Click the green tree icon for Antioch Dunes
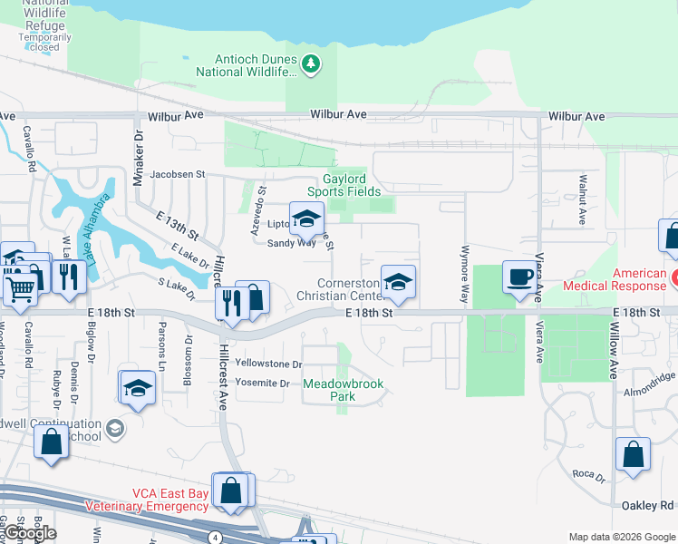(311, 63)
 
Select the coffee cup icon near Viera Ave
(519, 277)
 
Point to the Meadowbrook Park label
(343, 390)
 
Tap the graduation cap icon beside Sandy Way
(306, 218)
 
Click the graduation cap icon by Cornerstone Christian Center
(397, 281)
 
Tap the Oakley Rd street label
(648, 505)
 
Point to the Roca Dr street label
(587, 474)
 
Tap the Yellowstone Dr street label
(267, 364)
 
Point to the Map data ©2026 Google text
(621, 537)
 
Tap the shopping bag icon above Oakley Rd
(633, 456)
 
